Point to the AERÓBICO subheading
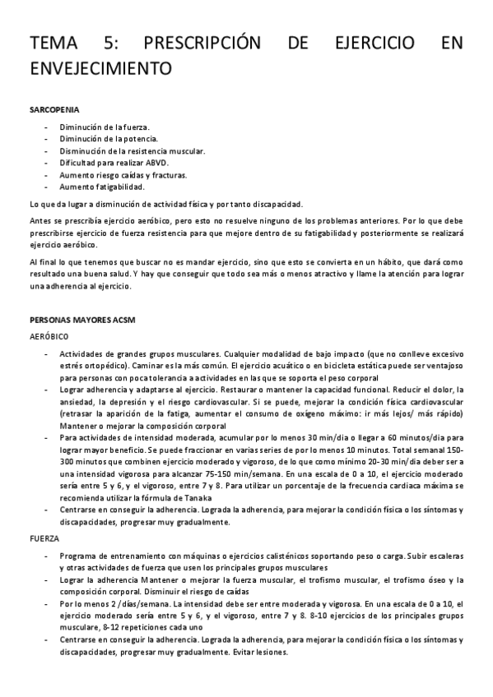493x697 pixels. point(49,337)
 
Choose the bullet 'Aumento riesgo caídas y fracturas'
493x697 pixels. point(123,175)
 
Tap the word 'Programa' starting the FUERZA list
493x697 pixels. point(79,556)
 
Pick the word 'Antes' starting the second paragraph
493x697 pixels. point(40,222)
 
